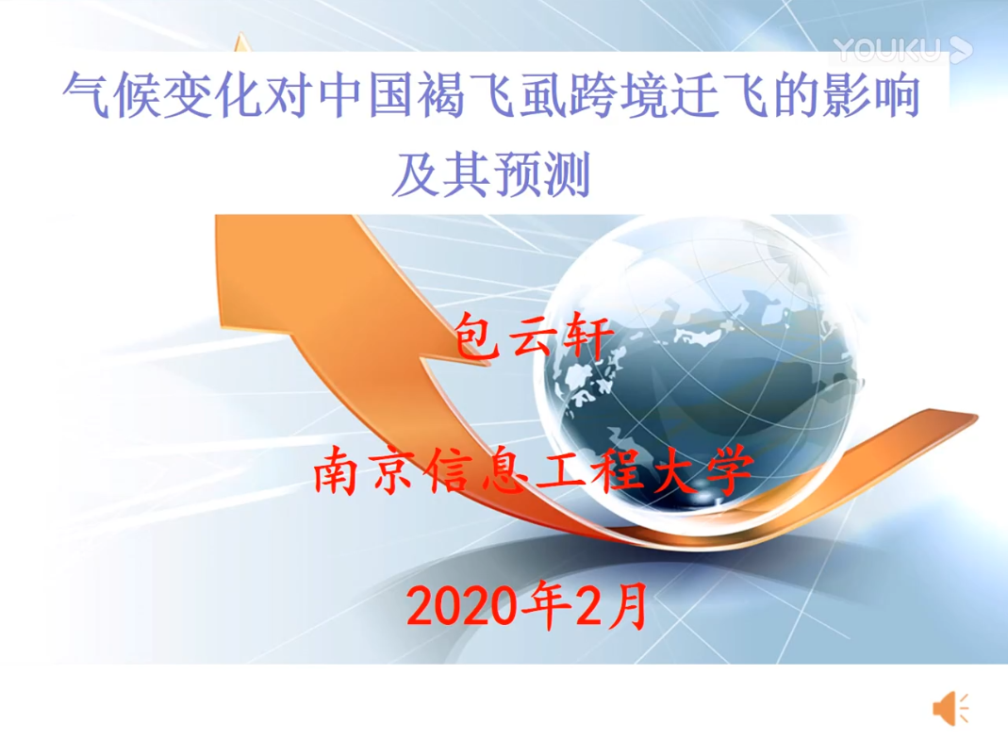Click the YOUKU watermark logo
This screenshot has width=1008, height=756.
point(902,50)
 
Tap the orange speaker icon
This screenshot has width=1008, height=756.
point(950,709)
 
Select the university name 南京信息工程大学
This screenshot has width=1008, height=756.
point(533,470)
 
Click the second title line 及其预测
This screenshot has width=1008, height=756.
point(491,174)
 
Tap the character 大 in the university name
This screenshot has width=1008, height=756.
point(676,470)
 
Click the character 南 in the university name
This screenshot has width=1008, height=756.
point(338,470)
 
